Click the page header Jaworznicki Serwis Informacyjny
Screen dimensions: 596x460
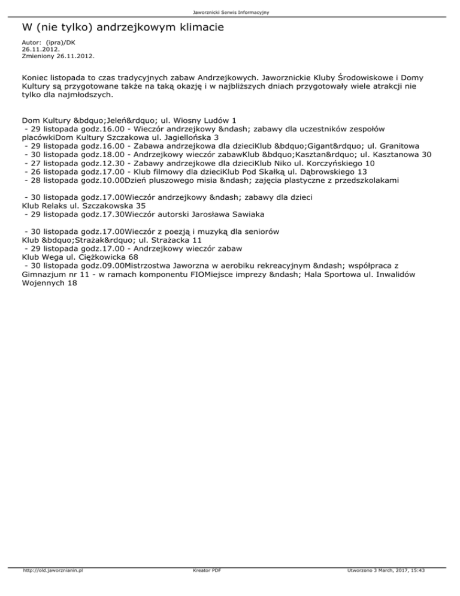click(229, 12)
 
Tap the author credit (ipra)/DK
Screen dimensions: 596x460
click(60, 43)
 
